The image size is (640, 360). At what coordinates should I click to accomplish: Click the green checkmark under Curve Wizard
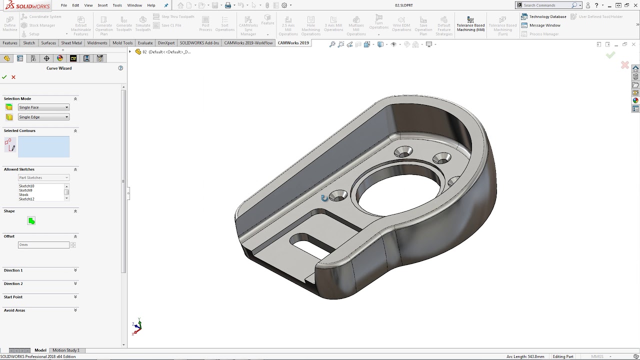4,77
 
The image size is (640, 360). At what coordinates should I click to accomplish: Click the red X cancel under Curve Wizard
13,77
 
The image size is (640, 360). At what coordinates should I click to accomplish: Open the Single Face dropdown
43,107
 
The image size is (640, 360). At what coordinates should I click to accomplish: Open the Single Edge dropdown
43,117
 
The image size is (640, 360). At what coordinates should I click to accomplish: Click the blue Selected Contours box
43,146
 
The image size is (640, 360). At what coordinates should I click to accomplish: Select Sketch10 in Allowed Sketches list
26,186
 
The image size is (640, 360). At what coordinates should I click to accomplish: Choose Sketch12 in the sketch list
26,199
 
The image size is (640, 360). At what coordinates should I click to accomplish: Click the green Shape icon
31,221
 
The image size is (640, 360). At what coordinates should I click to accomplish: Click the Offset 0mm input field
43,245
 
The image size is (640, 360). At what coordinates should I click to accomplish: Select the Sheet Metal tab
71,43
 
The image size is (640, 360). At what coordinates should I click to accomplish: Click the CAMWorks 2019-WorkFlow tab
248,43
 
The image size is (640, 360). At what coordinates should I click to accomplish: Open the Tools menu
117,5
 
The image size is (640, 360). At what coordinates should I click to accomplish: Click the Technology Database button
544,16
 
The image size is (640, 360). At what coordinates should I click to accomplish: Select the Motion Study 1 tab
66,350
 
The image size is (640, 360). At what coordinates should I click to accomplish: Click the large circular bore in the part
397,195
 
